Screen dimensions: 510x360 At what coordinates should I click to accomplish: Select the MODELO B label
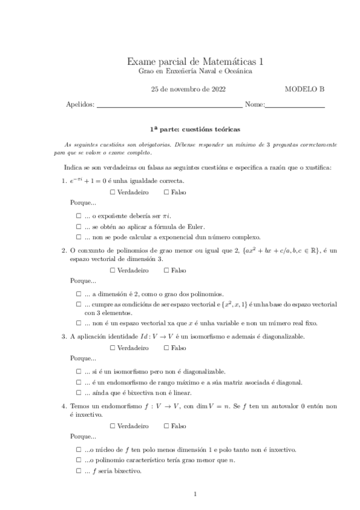305,89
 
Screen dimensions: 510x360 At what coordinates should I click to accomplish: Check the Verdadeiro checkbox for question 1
114,192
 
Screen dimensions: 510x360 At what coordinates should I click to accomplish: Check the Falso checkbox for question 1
166,192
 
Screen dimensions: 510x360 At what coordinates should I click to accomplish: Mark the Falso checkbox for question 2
166,271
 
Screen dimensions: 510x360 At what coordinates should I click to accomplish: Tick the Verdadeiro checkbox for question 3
114,348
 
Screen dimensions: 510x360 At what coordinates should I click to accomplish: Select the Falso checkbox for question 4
166,426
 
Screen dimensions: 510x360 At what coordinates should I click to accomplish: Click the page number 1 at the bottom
196,494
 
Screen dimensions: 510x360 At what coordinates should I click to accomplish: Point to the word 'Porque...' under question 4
83,437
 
